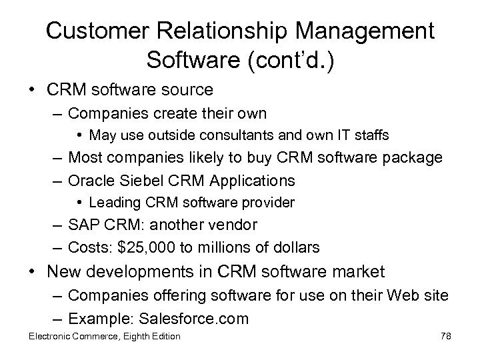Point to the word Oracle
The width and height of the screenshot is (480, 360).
click(95, 180)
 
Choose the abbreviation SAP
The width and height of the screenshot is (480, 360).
click(83, 225)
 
